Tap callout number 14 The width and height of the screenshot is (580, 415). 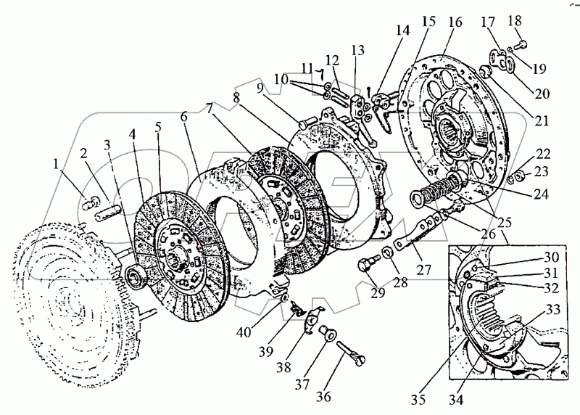(403, 30)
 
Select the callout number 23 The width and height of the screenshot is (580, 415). (542, 171)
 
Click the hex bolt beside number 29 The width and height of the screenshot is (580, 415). (366, 262)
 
